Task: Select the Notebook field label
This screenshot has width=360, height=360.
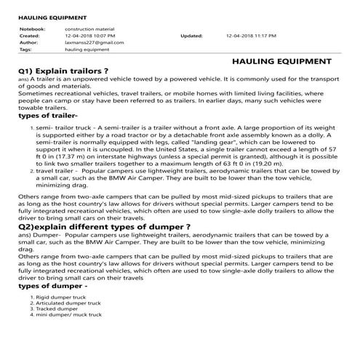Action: (x=31, y=28)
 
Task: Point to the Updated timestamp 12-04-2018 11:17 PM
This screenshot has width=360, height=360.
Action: (x=252, y=35)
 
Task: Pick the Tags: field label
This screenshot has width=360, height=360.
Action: (x=26, y=49)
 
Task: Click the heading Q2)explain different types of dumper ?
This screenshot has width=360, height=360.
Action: (x=104, y=227)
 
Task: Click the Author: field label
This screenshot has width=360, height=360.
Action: (x=29, y=42)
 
